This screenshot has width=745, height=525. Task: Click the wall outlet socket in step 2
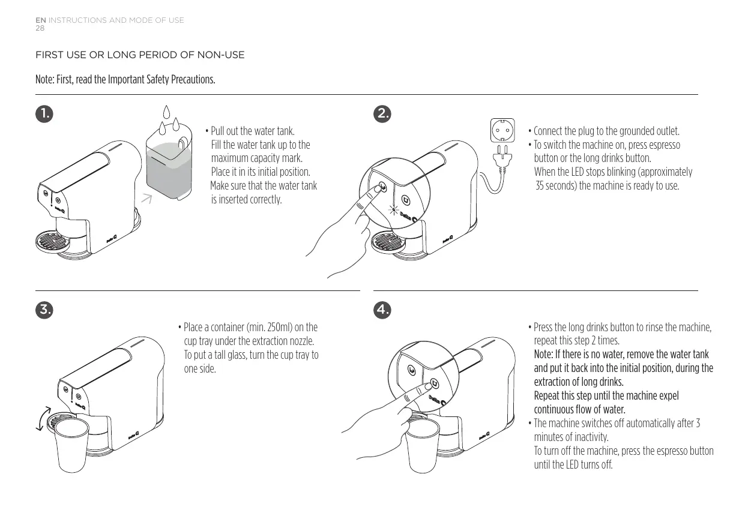tap(502, 130)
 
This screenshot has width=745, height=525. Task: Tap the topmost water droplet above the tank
tap(168, 113)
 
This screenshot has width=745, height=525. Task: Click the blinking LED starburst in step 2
tap(394, 209)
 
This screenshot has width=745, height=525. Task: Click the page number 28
tap(40, 28)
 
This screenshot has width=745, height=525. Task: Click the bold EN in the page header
tap(40, 20)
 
